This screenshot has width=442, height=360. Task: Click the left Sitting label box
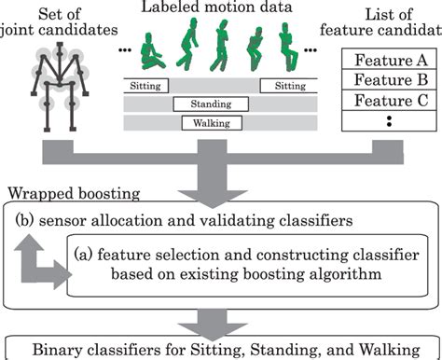145,86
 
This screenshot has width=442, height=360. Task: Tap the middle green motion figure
221,47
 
